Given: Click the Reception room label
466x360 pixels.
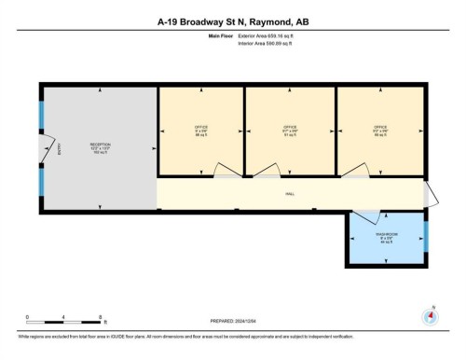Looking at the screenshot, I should pos(100,148).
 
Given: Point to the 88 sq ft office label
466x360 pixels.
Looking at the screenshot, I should pos(200,131).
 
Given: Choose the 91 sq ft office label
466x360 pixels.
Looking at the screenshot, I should pos(289,131).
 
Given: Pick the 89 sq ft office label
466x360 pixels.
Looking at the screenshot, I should pos(379,131).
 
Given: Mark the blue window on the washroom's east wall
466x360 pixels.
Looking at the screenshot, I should pos(426,238).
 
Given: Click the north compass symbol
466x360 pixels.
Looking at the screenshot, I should pos(430,315).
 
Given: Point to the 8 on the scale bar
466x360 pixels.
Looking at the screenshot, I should pos(100,317).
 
